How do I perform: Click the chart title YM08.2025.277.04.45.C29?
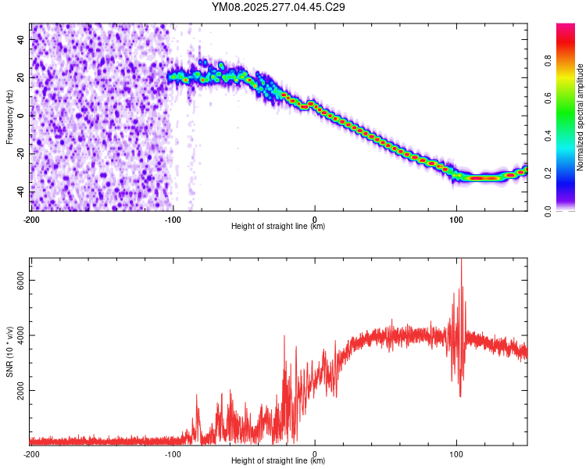pyautogui.click(x=279, y=8)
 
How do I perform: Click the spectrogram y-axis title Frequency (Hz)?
pyautogui.click(x=9, y=116)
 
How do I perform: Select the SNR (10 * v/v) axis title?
pyautogui.click(x=9, y=351)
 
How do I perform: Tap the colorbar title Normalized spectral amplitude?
pyautogui.click(x=580, y=116)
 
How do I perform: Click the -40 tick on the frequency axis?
pyautogui.click(x=20, y=192)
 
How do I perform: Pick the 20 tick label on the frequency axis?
pyautogui.click(x=21, y=77)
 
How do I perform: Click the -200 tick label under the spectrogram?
pyautogui.click(x=30, y=219)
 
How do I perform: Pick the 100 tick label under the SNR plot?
pyautogui.click(x=456, y=453)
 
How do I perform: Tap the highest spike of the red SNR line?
pyautogui.click(x=461, y=260)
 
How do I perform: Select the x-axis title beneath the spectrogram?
pyautogui.click(x=278, y=227)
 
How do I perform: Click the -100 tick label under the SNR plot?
pyautogui.click(x=173, y=453)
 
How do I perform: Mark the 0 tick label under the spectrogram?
pyautogui.click(x=315, y=219)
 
